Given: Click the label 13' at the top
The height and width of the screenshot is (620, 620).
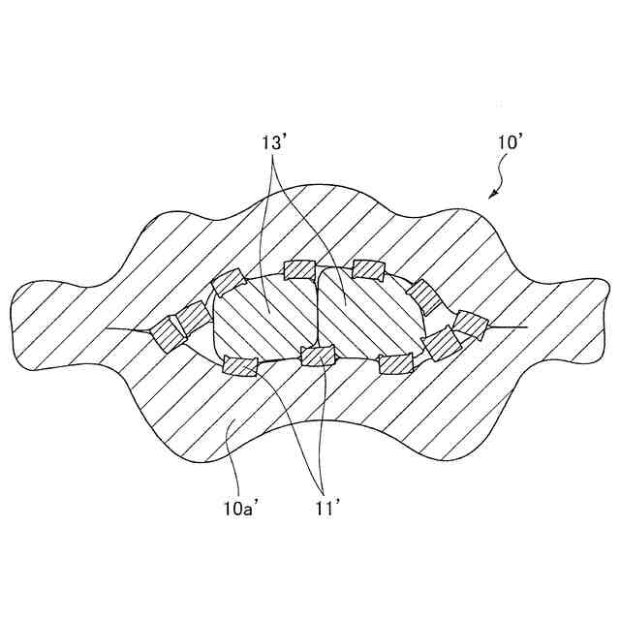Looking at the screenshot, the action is pyautogui.click(x=277, y=141).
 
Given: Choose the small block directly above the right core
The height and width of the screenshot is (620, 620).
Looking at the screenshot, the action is pyautogui.click(x=369, y=268).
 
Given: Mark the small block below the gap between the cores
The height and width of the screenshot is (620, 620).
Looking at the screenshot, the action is pyautogui.click(x=317, y=356).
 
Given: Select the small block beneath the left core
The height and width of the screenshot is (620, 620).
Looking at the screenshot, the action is pyautogui.click(x=239, y=365).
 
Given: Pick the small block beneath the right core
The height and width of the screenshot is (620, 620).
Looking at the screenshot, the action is pyautogui.click(x=395, y=364).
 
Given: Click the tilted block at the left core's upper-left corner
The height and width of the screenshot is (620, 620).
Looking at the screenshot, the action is pyautogui.click(x=227, y=283).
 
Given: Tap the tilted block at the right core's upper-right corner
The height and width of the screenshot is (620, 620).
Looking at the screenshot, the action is pyautogui.click(x=421, y=291).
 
